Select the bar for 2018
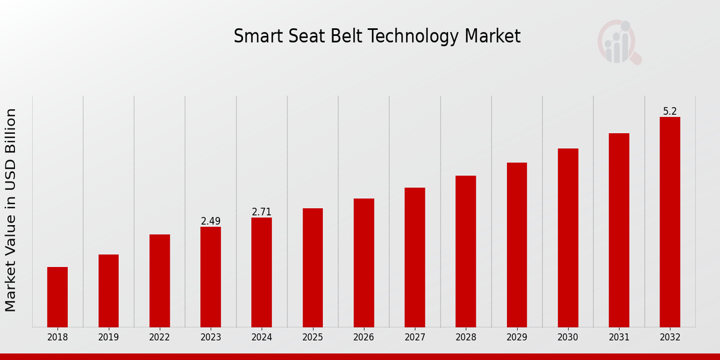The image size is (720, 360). (x=58, y=297)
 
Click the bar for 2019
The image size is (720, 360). (x=109, y=291)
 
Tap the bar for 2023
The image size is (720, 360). (x=211, y=277)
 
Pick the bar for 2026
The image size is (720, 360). (x=364, y=263)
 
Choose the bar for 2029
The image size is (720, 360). (x=517, y=245)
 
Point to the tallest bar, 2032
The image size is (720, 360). (x=670, y=222)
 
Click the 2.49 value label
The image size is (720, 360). (x=211, y=221)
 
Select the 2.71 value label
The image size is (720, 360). (x=262, y=212)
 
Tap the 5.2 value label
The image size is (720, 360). (x=670, y=112)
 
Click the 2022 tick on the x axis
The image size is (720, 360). (x=160, y=338)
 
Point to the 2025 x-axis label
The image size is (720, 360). (x=313, y=338)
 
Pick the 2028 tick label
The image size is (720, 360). (x=466, y=338)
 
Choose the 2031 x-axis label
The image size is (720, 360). (x=619, y=338)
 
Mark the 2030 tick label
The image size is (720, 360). (x=568, y=338)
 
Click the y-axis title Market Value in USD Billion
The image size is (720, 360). (x=11, y=210)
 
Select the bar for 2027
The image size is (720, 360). (x=415, y=257)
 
